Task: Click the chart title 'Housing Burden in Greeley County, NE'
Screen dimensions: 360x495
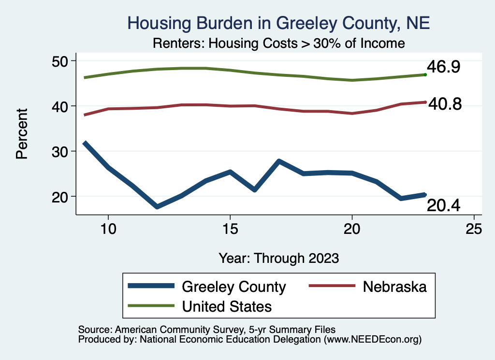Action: coord(278,23)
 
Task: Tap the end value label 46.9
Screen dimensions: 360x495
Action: coord(442,67)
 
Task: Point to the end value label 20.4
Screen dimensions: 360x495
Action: coord(443,206)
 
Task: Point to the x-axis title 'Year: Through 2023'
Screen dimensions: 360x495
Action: coord(278,257)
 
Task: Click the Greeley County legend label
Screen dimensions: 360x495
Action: coord(234,287)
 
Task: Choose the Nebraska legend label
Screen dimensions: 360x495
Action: coord(395,287)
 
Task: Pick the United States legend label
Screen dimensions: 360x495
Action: coord(227,306)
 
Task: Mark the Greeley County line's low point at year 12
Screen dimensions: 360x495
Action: coord(157,207)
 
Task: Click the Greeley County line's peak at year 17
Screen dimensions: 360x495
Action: coord(279,161)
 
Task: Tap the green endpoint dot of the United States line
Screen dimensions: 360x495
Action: coord(425,74)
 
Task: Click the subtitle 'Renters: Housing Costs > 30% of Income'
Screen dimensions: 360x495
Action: coord(278,43)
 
